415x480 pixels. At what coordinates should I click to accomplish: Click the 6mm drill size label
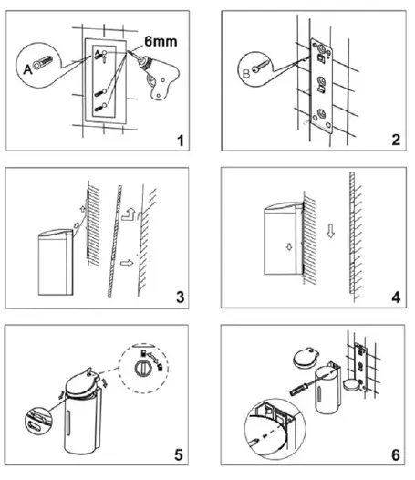tap(161, 42)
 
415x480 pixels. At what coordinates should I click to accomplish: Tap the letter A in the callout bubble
tap(27, 69)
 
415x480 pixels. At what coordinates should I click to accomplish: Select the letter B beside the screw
tap(246, 74)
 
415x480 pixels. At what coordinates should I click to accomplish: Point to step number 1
tap(181, 141)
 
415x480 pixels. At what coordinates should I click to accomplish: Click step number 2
tap(396, 140)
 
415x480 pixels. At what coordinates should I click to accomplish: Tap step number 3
tap(181, 297)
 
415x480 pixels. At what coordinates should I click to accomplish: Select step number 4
tap(396, 297)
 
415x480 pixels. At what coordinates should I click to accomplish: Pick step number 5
tap(179, 454)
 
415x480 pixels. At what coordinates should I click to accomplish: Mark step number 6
tap(396, 454)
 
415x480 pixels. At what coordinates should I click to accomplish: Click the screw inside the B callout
tap(261, 66)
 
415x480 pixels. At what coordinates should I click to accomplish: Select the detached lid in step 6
tap(306, 357)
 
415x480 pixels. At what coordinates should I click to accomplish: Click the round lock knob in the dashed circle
tap(142, 368)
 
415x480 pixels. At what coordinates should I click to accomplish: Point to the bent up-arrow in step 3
tap(128, 214)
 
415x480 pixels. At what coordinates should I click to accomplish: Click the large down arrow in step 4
tap(330, 231)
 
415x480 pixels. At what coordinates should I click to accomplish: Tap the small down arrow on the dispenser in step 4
tap(289, 246)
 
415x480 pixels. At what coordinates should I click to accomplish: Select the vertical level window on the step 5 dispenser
tap(68, 422)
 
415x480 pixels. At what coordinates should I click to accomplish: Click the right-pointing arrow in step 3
tap(127, 263)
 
